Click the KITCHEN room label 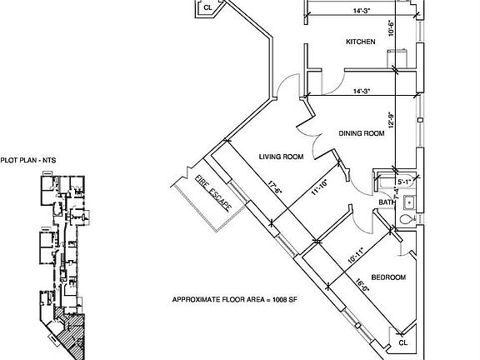click(x=361, y=42)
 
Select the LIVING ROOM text click(x=279, y=156)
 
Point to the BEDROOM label click(x=388, y=277)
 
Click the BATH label click(x=386, y=202)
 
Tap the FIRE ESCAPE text click(x=212, y=193)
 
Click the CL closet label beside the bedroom click(x=403, y=342)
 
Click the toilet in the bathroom click(x=407, y=218)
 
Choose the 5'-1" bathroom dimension click(x=404, y=180)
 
